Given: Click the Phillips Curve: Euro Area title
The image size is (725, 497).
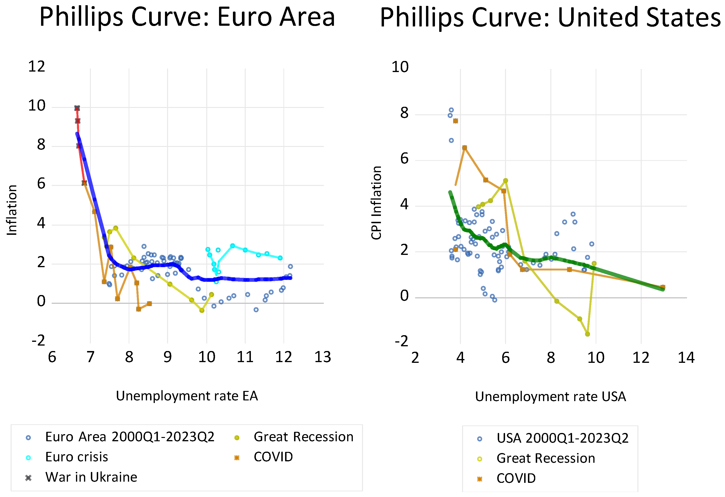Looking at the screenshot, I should coord(187,17).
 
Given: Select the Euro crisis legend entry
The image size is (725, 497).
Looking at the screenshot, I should coord(76,457).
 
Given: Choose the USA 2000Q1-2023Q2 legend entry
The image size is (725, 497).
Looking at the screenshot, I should coord(562,439).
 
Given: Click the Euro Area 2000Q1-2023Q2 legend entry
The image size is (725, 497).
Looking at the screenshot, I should coord(130,437).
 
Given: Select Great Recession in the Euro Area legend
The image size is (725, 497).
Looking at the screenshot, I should coord(303,437).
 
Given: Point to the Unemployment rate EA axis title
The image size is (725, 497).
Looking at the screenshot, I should coord(187,396).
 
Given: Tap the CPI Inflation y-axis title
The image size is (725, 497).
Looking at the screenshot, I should coord(376,203).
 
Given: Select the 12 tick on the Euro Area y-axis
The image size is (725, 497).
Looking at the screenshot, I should coord(37,67).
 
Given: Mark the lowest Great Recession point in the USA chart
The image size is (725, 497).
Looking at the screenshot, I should coord(587,334).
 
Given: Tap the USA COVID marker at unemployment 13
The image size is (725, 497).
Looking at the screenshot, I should coord(663,287).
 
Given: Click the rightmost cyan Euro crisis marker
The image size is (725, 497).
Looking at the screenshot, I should coord(280,258).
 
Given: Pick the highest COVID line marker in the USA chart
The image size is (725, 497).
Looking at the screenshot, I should coord(455,121).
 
